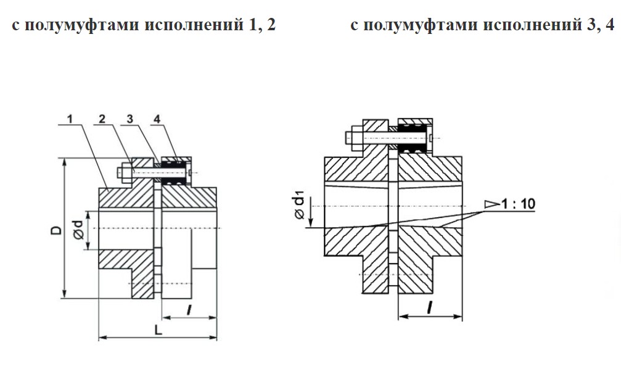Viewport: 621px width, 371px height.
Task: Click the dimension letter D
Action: pyautogui.click(x=56, y=231)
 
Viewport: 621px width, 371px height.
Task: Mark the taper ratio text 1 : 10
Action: pyautogui.click(x=517, y=202)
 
